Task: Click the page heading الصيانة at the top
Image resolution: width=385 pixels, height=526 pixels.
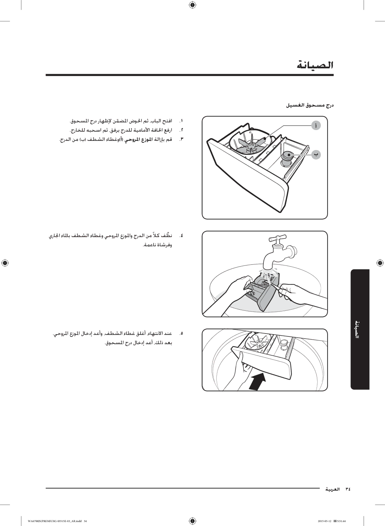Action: coord(315,65)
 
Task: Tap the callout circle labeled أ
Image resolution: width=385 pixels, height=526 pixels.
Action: coord(316,126)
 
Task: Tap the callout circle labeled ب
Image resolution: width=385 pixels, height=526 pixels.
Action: coord(316,155)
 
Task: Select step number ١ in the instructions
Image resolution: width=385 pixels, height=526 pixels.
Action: coord(181,121)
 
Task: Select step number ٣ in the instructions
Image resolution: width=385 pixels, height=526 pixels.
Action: coord(181,140)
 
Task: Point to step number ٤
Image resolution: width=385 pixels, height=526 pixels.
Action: coord(181,236)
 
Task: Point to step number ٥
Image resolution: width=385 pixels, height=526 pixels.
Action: coord(181,334)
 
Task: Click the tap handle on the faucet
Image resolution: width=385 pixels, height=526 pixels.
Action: coord(278,239)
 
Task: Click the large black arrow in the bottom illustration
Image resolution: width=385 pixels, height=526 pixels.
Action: coord(258,381)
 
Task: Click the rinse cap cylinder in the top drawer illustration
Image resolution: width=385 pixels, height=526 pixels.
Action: coord(287,159)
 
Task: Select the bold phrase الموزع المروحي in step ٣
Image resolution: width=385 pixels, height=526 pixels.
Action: coord(139,140)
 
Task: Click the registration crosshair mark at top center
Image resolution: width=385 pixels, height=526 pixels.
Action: coord(192,5)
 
